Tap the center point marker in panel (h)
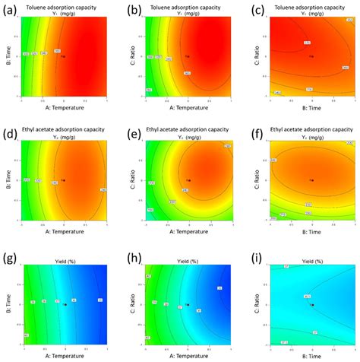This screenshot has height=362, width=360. tap(188, 304)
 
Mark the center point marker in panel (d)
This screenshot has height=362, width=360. tap(64, 180)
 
